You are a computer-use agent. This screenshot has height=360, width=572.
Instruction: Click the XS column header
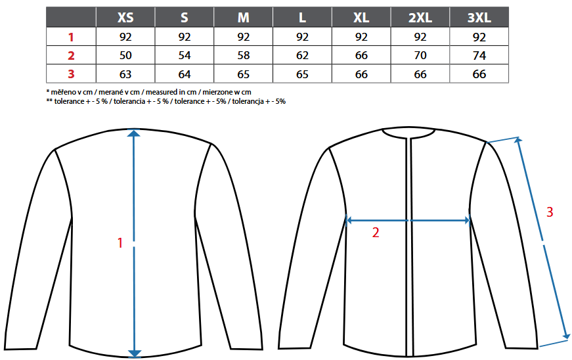click(x=125, y=18)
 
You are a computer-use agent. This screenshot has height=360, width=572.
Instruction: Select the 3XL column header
click(x=479, y=18)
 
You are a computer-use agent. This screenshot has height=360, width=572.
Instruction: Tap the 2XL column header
click(x=420, y=18)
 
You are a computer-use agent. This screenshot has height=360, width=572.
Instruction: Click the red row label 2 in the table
click(x=71, y=55)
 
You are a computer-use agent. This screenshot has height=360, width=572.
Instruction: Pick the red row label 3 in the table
click(x=71, y=74)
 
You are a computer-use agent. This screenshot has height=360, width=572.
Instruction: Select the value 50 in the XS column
click(x=125, y=55)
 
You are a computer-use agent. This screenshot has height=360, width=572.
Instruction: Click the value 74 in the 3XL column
click(x=479, y=55)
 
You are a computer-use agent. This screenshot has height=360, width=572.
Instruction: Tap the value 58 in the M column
click(x=244, y=55)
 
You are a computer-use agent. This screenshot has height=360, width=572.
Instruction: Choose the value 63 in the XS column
click(x=125, y=74)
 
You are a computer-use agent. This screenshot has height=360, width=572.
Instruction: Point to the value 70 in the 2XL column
click(x=420, y=55)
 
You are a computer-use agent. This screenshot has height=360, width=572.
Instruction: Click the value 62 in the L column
click(x=302, y=55)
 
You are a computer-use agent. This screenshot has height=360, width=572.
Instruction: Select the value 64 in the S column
click(x=185, y=74)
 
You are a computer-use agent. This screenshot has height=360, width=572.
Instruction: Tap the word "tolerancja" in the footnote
click(x=248, y=101)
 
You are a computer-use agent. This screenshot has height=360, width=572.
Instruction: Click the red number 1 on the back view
click(x=120, y=243)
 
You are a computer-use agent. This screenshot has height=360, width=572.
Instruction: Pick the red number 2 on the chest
click(x=376, y=233)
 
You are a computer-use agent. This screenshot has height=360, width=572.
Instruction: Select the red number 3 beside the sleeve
click(x=550, y=212)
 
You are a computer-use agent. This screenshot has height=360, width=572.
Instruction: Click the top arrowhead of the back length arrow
click(x=134, y=133)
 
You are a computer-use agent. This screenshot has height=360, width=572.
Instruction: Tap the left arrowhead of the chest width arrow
click(x=348, y=220)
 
